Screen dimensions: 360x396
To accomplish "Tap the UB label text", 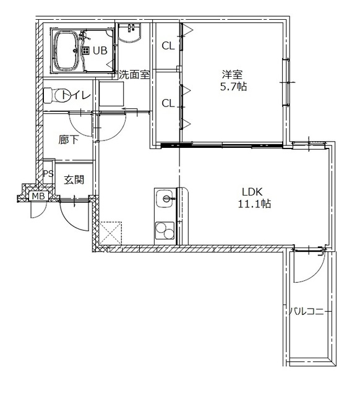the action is pos(100,51).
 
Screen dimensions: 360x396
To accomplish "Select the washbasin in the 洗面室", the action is pos(129,33).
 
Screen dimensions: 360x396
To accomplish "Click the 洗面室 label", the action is pos(134,74).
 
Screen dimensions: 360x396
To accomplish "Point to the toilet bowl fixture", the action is pos(58,95).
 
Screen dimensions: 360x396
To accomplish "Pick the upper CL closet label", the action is pos(168,46).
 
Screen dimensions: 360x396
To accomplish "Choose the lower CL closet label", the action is pos(168,103).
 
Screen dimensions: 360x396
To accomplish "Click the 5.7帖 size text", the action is pos(234,87).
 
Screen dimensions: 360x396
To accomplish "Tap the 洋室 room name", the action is pos(232,75).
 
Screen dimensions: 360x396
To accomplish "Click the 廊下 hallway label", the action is pos(69,140).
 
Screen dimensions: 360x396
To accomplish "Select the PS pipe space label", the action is pos(48,173).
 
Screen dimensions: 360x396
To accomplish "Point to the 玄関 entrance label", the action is pos(74,180).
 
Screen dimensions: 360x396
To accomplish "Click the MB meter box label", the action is pos(38,196).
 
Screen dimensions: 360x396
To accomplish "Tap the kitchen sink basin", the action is pos(165,199).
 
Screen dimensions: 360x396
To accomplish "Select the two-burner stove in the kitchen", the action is pos(165,231).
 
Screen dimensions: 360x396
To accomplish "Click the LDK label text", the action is pos(252,192).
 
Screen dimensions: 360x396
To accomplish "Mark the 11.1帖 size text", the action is pos(254,204).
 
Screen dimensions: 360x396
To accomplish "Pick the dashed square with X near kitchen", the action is pos(111,233).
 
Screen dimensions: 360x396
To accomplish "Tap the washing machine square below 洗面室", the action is pos(111,93).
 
